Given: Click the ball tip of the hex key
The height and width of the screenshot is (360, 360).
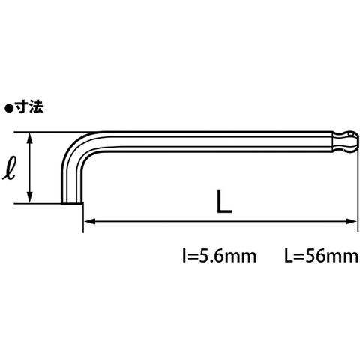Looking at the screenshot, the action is click(x=347, y=142).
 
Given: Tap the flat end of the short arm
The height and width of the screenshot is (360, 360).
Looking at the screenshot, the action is click(x=72, y=203).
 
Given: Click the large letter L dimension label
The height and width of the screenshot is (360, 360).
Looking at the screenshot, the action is click(x=224, y=201).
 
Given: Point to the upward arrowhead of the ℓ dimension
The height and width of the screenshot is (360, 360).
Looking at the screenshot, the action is click(x=30, y=138).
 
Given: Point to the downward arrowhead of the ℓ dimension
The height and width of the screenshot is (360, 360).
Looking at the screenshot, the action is click(x=30, y=197).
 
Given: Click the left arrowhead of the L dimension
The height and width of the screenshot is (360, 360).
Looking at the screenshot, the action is click(x=89, y=221).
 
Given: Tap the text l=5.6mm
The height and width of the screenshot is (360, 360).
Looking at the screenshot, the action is click(x=220, y=256).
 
